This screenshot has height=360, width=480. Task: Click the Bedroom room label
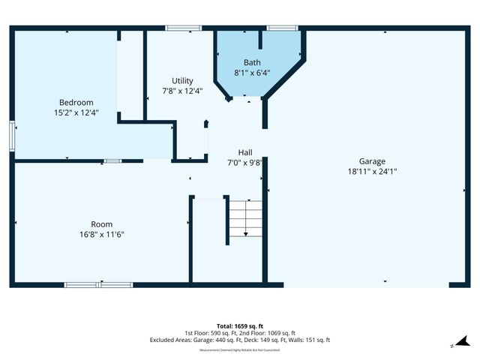[76, 102]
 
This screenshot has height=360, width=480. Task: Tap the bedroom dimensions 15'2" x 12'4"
[76, 112]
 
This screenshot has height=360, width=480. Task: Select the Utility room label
[182, 80]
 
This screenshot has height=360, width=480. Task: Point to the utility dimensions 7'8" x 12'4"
[182, 91]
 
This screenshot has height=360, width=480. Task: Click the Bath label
[252, 62]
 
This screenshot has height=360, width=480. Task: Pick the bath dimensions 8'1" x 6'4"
[252, 73]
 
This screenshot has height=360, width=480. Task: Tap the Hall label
[245, 151]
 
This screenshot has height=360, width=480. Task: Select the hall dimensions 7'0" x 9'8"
[245, 162]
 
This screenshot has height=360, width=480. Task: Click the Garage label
[372, 160]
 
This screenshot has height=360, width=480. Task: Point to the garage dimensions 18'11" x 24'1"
[372, 171]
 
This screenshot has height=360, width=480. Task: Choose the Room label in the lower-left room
[102, 223]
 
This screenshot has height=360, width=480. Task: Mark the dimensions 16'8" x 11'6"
[102, 234]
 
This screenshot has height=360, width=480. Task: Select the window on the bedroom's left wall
[12, 136]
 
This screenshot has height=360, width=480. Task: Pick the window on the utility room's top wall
[183, 28]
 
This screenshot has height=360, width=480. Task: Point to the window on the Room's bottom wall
[98, 285]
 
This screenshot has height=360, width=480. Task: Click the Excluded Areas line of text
[240, 340]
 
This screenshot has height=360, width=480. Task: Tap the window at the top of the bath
[282, 28]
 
